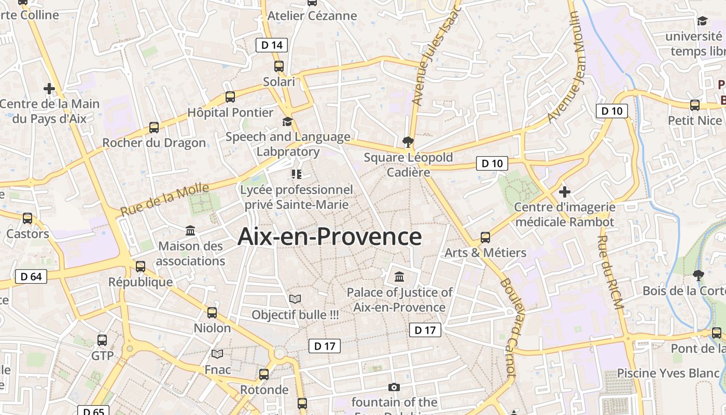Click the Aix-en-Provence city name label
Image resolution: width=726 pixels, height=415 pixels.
coord(330,237)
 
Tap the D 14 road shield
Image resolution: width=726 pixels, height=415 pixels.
coord(272,45)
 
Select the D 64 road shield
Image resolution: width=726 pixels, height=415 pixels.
coord(31,276)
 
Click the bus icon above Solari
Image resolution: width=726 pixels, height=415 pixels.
coord(279,66)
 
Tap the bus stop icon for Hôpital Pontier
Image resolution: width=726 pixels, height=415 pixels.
coord(230,97)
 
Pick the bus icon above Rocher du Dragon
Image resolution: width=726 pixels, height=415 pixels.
coord(154,128)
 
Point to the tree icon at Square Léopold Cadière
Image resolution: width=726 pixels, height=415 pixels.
coord(408,142)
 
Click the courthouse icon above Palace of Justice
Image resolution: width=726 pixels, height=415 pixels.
coord(399,276)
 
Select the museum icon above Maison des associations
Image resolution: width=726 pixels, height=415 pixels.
coord(190,230)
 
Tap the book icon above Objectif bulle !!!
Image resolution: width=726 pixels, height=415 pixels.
coord(295,299)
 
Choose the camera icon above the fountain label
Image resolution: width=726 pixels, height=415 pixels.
coord(394,387)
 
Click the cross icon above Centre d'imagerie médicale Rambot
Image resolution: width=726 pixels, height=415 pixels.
coord(565,192)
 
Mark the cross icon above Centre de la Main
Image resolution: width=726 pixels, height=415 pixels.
coord(49,89)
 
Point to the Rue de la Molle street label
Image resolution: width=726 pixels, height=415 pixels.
coord(164,200)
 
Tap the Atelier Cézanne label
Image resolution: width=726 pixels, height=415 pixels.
coord(312,16)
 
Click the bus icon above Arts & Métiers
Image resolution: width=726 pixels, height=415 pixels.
coord(485,238)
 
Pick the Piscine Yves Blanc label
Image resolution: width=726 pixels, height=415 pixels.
coord(668,373)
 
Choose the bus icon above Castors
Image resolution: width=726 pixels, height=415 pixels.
coord(27,218)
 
